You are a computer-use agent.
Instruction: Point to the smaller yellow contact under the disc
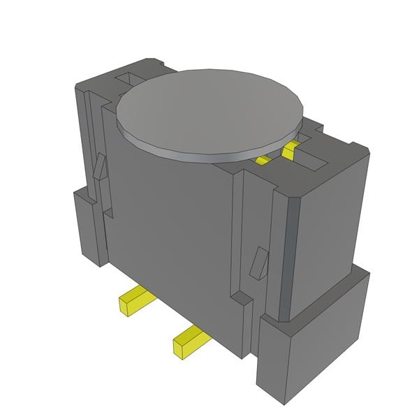263,160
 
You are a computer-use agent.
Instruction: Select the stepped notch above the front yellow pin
241,300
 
